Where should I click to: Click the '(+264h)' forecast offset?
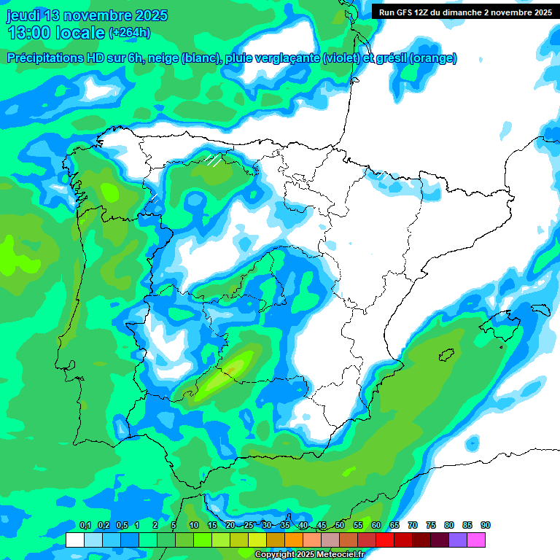[130, 32]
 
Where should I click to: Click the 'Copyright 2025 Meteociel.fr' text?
[309, 555]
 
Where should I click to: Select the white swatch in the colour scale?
[74, 540]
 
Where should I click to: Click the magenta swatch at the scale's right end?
[476, 540]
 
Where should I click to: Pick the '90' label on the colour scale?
[485, 525]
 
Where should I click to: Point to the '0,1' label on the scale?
[85, 525]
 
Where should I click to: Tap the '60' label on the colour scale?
[376, 525]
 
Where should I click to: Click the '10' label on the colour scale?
[194, 525]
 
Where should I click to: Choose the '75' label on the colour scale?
[431, 525]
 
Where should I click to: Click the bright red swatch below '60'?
[385, 540]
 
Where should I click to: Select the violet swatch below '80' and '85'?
[458, 540]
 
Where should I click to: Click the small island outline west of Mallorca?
[446, 355]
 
